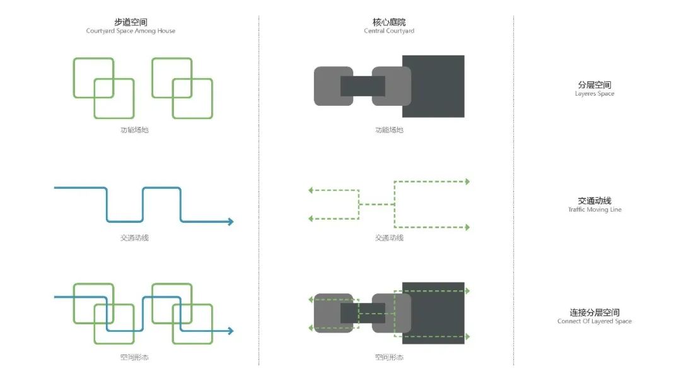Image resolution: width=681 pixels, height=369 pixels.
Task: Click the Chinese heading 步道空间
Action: pos(131,22)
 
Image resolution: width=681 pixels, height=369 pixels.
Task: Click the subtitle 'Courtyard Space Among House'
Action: pos(131,31)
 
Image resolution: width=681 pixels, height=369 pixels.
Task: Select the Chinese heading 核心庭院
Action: pos(389,22)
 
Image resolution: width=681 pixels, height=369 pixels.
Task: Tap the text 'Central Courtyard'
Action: pos(389,31)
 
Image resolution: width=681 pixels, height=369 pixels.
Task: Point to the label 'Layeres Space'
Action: pos(595,94)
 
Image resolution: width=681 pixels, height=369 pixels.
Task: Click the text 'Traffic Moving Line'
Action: pos(595,210)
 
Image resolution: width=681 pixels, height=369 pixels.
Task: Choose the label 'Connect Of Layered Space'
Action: pos(595,321)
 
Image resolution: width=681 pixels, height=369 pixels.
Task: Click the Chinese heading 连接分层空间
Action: pos(595,312)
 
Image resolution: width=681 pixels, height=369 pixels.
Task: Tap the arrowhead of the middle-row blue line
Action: pos(231,222)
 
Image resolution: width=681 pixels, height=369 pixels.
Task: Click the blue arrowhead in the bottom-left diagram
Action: pos(231,331)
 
